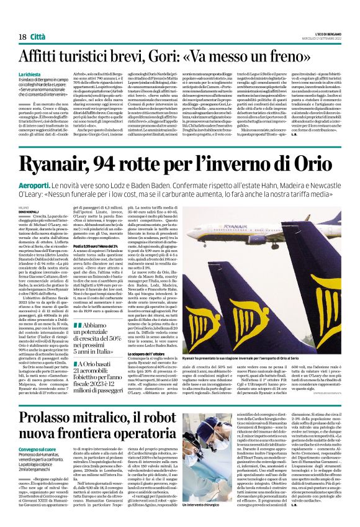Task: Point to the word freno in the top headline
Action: (x=318, y=55)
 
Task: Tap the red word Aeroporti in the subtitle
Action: (x=37, y=185)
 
